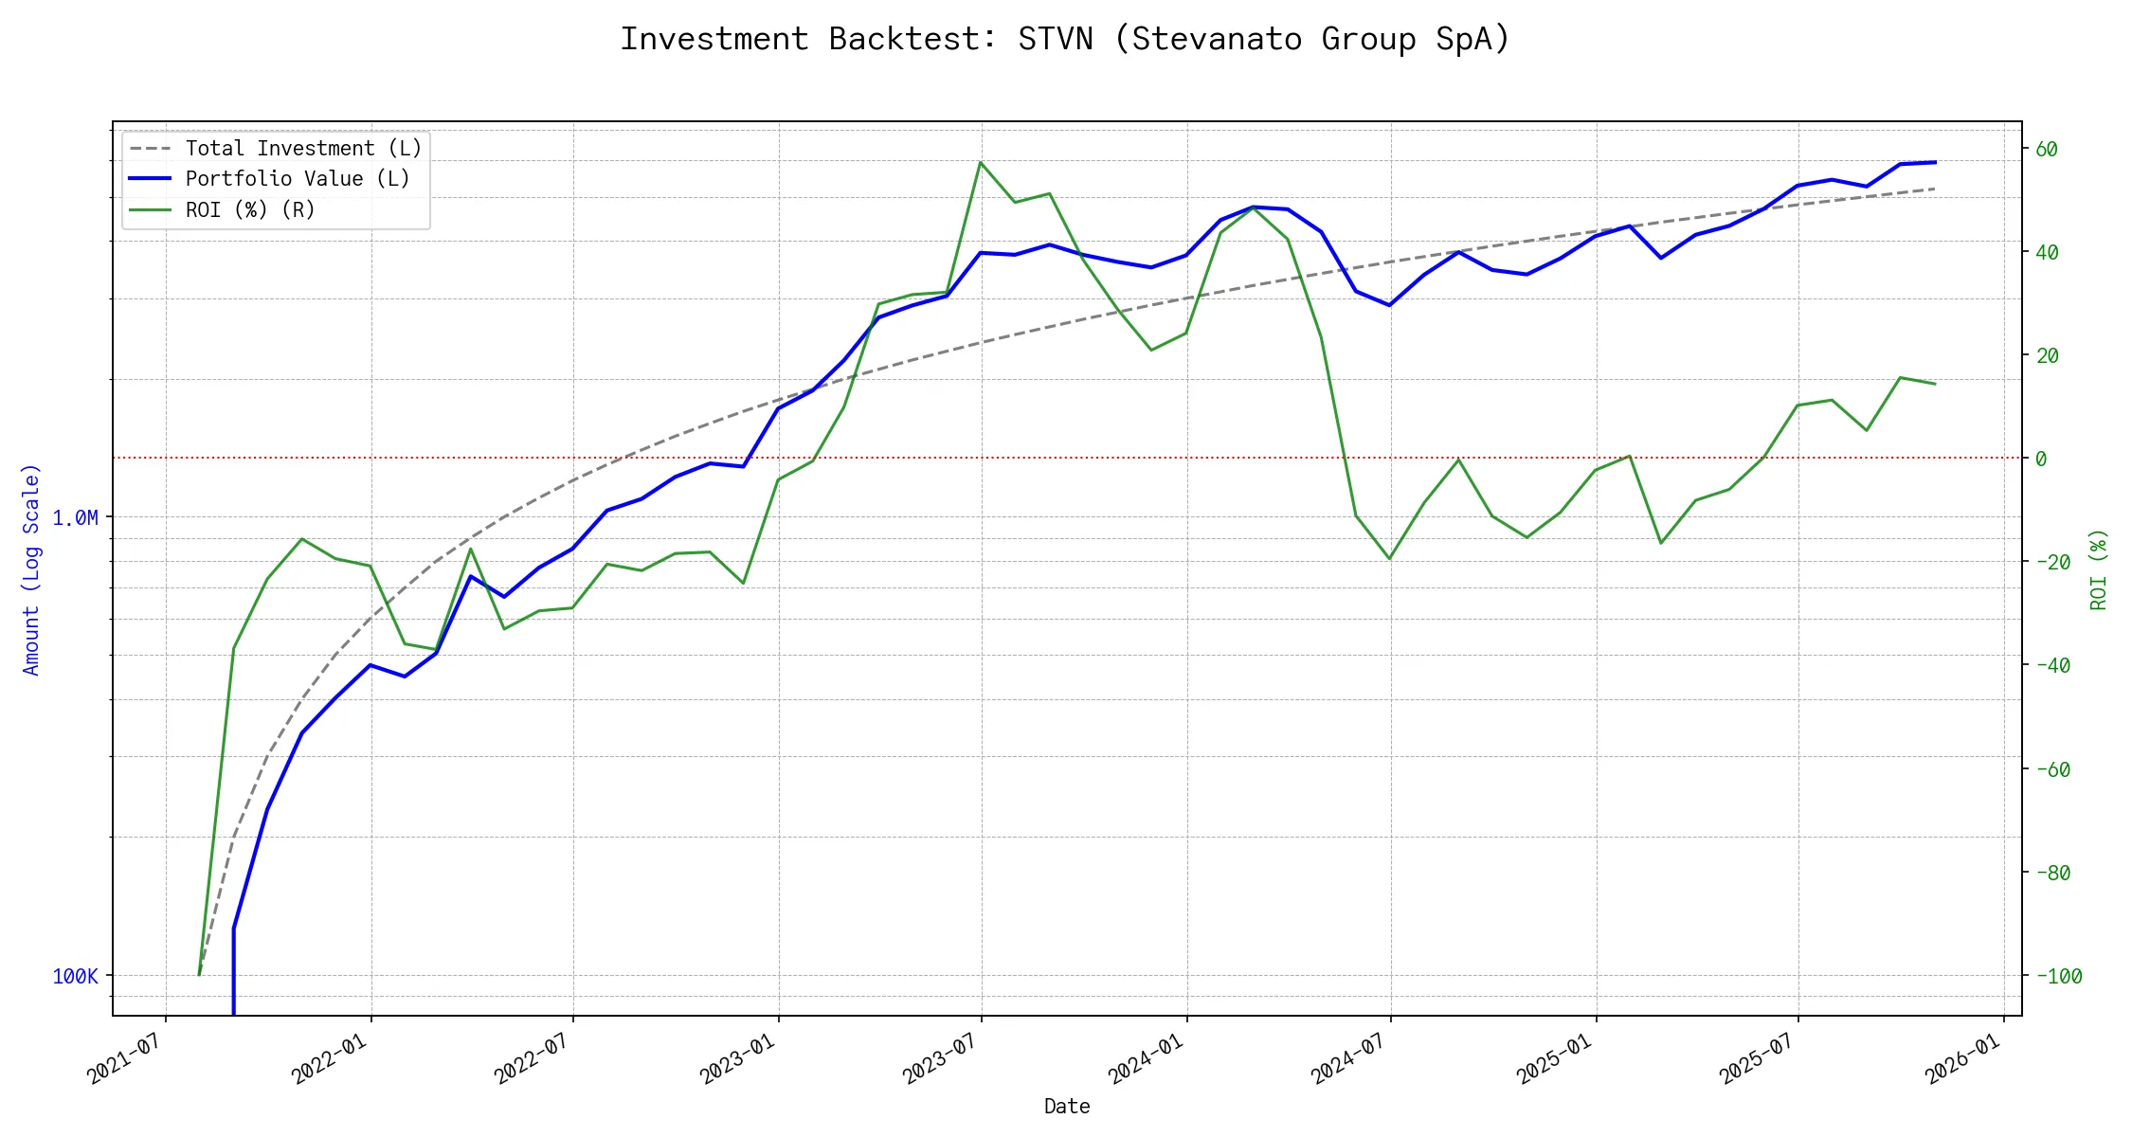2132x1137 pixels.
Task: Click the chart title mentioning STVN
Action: pos(1065,39)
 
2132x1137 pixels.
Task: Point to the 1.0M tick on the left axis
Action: pos(75,517)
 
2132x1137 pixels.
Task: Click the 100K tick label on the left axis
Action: pos(75,976)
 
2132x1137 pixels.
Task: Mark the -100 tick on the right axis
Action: pos(2058,976)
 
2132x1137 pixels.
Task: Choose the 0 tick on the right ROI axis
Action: pos(2041,459)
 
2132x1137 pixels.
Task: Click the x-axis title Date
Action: pos(1067,1106)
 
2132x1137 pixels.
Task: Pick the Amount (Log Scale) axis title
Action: pos(31,568)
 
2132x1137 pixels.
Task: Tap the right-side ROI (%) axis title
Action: pos(2098,568)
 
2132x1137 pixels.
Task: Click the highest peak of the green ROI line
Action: pos(981,162)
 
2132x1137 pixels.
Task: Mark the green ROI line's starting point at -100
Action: pos(199,974)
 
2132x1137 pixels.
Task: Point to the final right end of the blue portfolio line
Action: pos(1935,162)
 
